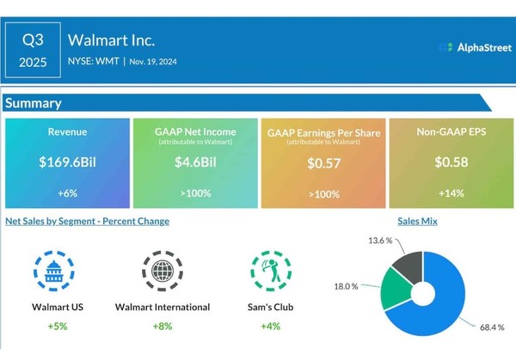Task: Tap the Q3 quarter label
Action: coord(32,39)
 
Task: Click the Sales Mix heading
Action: coord(437,221)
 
